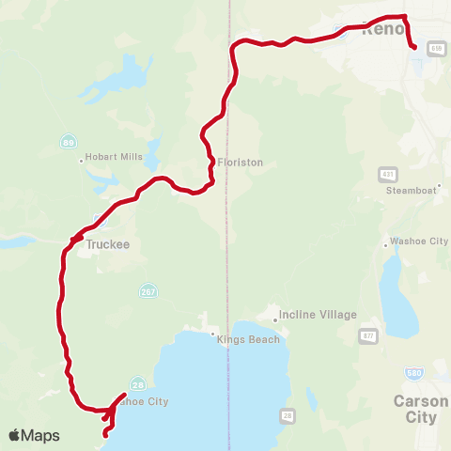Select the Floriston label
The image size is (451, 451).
pos(241,162)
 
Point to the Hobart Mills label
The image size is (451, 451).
pos(116,157)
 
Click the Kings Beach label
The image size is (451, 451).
pos(249,339)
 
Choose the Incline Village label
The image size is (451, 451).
pos(319,315)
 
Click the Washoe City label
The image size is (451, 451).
pos(419,241)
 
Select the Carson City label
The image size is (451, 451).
pos(414,408)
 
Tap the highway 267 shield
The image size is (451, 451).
pos(147,289)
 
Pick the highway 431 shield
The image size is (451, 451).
pos(388,175)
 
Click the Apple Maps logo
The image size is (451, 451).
pos(34,435)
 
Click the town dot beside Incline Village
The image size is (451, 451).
pos(274,320)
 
